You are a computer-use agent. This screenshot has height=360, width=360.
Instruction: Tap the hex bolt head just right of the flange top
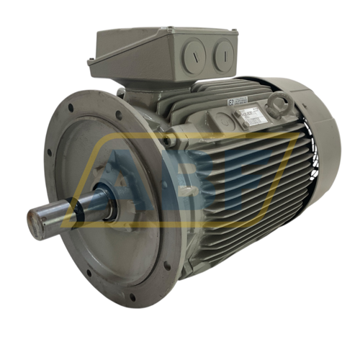(x=167, y=141)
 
